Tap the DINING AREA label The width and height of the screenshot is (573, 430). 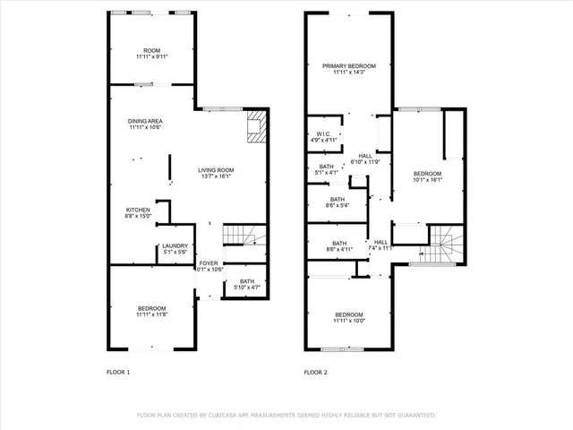pyautogui.click(x=145, y=123)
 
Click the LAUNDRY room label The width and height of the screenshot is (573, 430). pyautogui.click(x=174, y=249)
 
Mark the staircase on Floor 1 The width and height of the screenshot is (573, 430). pyautogui.click(x=241, y=236)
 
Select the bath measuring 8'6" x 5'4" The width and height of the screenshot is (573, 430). pyautogui.click(x=338, y=202)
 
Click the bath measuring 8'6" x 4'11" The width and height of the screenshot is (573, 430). pyautogui.click(x=339, y=245)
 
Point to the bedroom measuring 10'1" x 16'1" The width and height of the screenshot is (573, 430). pyautogui.click(x=427, y=176)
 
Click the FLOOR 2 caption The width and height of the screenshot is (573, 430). pyautogui.click(x=316, y=372)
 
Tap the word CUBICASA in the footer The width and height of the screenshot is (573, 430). pyautogui.click(x=238, y=416)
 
